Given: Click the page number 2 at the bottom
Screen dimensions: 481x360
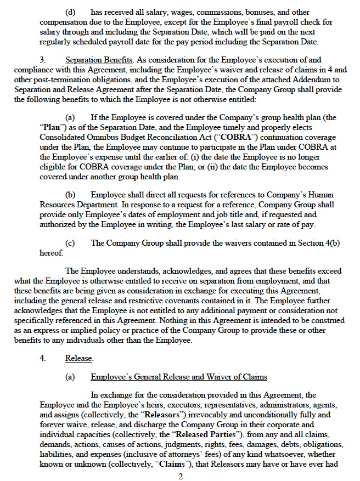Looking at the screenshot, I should (x=179, y=476).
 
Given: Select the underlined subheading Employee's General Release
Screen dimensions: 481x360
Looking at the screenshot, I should (x=178, y=377).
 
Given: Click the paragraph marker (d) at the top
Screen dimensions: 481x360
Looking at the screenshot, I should (x=71, y=10).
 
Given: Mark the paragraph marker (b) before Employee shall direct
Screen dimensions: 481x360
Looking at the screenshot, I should (x=71, y=195).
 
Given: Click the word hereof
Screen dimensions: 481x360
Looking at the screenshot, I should (x=51, y=253).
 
